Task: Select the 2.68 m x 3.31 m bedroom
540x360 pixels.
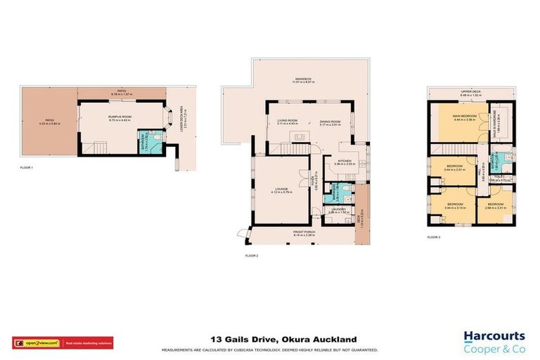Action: (x=494, y=205)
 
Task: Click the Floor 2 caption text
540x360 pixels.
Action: (x=251, y=255)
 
